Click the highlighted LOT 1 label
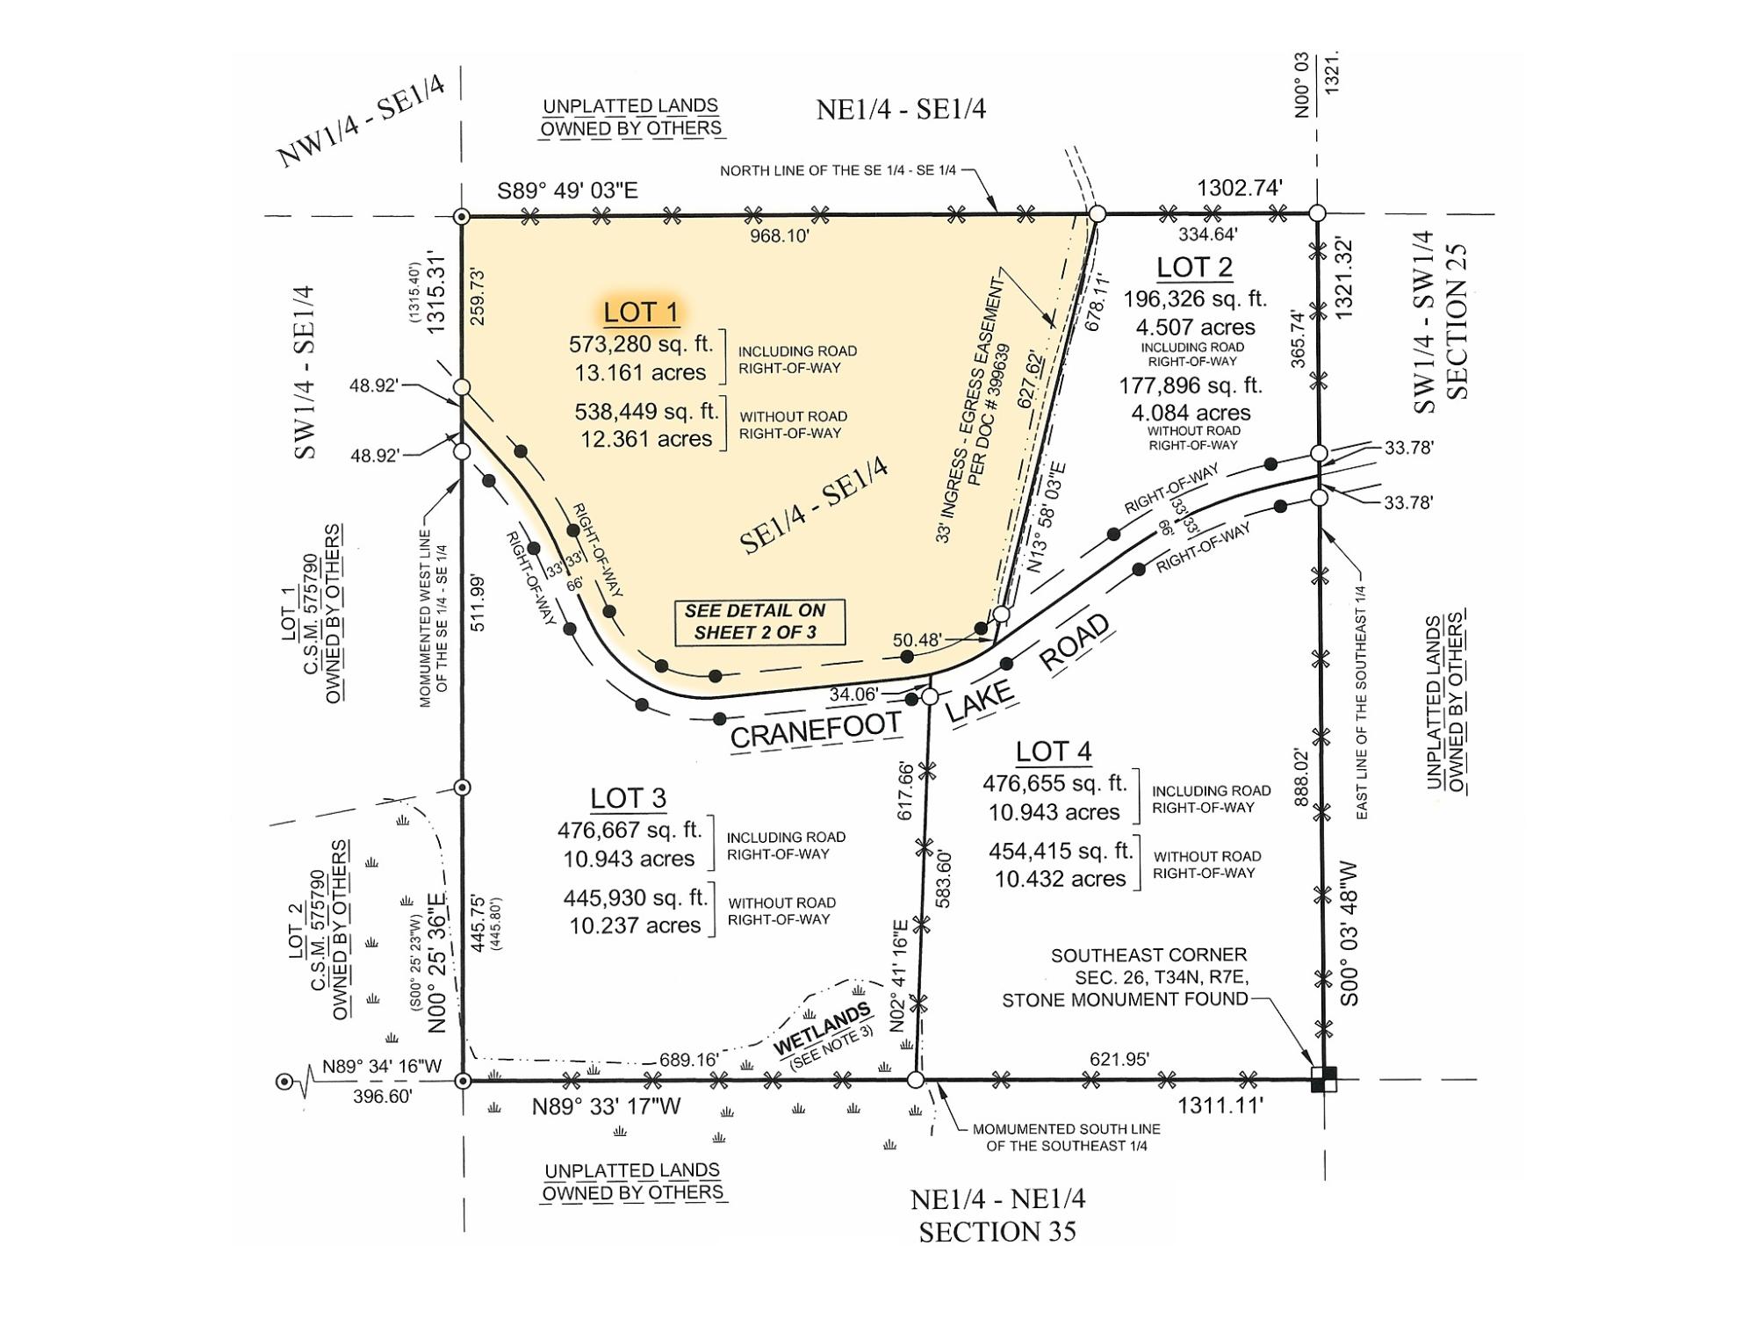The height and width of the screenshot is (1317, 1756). pos(641,313)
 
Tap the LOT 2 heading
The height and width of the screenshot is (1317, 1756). pos(1194,267)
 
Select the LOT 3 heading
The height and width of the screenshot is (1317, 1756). pos(628,798)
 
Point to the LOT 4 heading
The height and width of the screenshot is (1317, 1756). pos(1054,752)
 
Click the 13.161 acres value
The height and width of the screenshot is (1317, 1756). pos(640,372)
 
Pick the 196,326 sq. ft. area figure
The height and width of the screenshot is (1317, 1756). pos(1195,299)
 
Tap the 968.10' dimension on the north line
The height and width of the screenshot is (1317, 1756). pos(780,235)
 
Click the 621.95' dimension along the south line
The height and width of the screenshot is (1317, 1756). pos(1119,1060)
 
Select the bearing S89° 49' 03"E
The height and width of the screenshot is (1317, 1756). pos(567,191)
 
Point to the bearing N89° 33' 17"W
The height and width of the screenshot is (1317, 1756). pos(607,1106)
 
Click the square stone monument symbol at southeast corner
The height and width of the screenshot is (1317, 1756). pos(1324,1079)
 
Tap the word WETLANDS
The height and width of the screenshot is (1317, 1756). pos(823,1029)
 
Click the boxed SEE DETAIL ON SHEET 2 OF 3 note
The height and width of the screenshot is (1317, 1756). pos(755,622)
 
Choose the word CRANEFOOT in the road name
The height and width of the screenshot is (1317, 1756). pos(816,730)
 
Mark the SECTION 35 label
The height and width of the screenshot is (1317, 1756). pos(997,1232)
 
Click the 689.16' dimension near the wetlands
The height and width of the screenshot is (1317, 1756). pos(689,1060)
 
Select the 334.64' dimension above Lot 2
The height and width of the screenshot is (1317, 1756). pos(1208,234)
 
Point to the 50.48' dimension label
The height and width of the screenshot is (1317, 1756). pos(918,640)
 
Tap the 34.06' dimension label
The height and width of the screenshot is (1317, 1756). pos(853,694)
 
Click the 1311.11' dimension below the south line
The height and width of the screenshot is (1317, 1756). pos(1220,1106)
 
